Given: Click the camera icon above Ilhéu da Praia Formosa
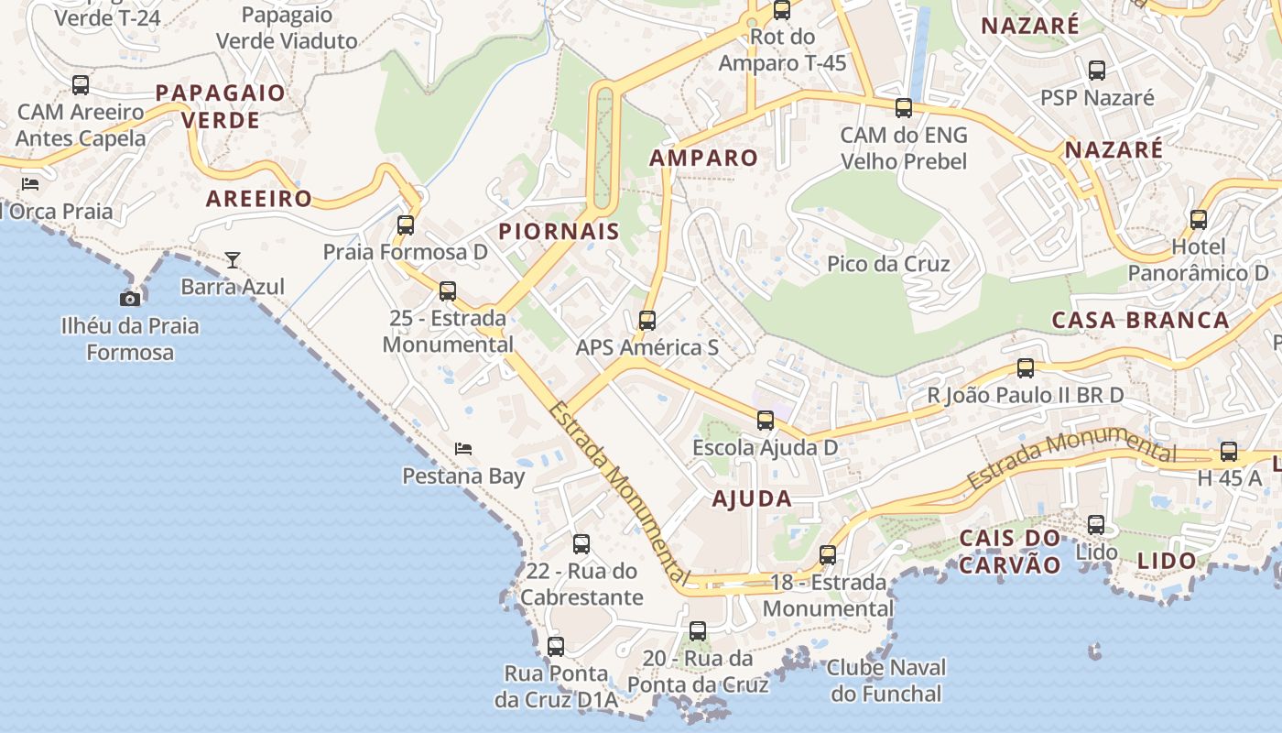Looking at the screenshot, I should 130,298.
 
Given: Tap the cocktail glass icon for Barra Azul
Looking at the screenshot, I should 233,260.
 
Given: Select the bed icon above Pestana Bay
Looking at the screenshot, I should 463,449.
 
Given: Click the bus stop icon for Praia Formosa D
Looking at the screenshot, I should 406,224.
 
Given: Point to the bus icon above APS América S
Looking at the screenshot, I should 647,321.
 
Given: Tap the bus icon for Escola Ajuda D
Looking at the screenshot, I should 766,421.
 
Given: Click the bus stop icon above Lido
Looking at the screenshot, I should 1096,525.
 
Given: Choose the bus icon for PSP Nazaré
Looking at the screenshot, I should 1097,70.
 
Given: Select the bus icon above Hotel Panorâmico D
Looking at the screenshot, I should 1199,220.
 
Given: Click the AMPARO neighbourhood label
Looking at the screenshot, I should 704,158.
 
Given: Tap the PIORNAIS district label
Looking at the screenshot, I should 560,232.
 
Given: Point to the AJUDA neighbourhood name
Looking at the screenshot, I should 752,498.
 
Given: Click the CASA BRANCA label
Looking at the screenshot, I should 1140,320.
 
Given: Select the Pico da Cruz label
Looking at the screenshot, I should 888,264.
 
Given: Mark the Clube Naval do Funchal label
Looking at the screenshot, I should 886,680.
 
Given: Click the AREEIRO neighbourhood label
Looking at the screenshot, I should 259,199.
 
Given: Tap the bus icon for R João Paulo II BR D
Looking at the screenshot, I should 1026,368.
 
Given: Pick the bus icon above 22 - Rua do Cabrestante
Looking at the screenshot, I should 581,544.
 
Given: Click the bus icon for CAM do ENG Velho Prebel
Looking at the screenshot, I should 904,108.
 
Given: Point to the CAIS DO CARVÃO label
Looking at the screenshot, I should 1010,551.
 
